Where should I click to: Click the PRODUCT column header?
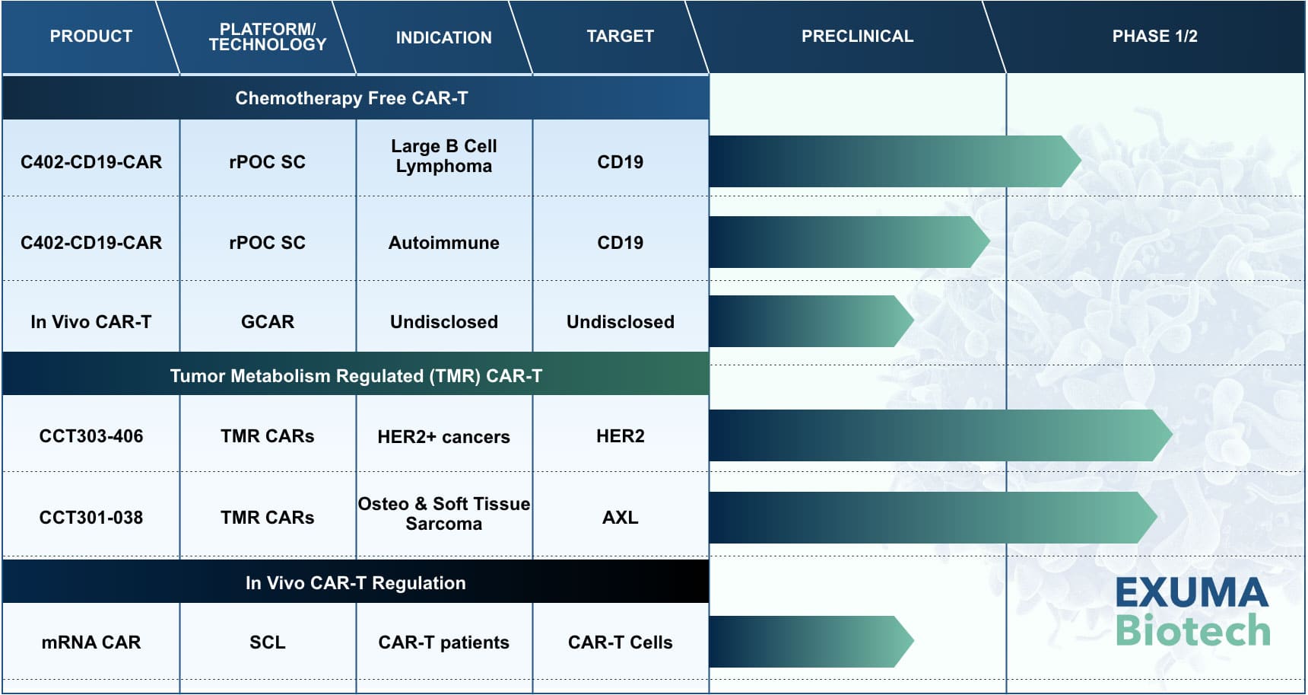(90, 36)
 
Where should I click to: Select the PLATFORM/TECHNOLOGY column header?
(268, 37)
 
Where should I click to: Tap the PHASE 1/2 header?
(1154, 36)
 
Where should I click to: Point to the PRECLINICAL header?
(857, 36)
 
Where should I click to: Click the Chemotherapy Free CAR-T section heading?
(351, 98)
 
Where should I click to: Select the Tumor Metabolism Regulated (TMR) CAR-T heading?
(356, 376)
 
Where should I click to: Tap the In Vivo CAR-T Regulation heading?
(355, 583)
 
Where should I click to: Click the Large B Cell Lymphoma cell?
(443, 156)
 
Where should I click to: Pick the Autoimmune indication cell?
(443, 243)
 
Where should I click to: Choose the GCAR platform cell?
(268, 322)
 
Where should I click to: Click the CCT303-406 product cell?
(91, 436)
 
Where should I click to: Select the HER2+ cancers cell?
(443, 437)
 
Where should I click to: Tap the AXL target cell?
(621, 518)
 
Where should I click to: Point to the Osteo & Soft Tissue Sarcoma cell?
(443, 514)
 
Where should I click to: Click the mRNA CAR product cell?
(91, 642)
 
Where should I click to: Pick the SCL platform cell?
(268, 642)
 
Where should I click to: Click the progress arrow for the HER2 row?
(941, 435)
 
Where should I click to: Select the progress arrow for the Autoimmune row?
(849, 242)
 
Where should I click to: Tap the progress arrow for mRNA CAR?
(811, 642)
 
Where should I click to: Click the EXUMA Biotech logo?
(1192, 612)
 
